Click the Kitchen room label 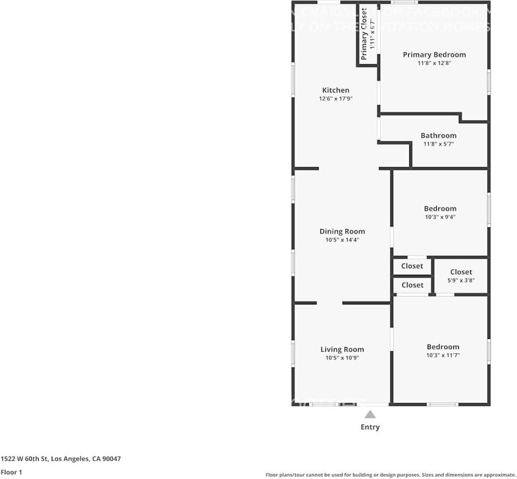pyautogui.click(x=336, y=90)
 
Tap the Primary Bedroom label pyautogui.click(x=434, y=54)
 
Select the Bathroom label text pyautogui.click(x=438, y=135)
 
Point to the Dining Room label pyautogui.click(x=342, y=231)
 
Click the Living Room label pyautogui.click(x=342, y=349)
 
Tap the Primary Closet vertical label pyautogui.click(x=364, y=34)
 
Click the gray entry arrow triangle pyautogui.click(x=370, y=414)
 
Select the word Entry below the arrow pyautogui.click(x=370, y=427)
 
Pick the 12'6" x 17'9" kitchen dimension pyautogui.click(x=336, y=99)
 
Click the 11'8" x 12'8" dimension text pyautogui.click(x=434, y=63)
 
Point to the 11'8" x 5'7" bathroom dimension pyautogui.click(x=438, y=144)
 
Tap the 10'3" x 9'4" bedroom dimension pyautogui.click(x=440, y=217)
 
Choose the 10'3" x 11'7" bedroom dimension pyautogui.click(x=443, y=356)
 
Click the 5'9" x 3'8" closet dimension pyautogui.click(x=461, y=280)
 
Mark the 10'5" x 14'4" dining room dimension pyautogui.click(x=342, y=240)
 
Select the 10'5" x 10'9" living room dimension pyautogui.click(x=342, y=358)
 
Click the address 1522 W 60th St pyautogui.click(x=60, y=459)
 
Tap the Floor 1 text pyautogui.click(x=12, y=472)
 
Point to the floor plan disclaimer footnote pyautogui.click(x=390, y=475)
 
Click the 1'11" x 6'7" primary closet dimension pyautogui.click(x=372, y=34)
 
